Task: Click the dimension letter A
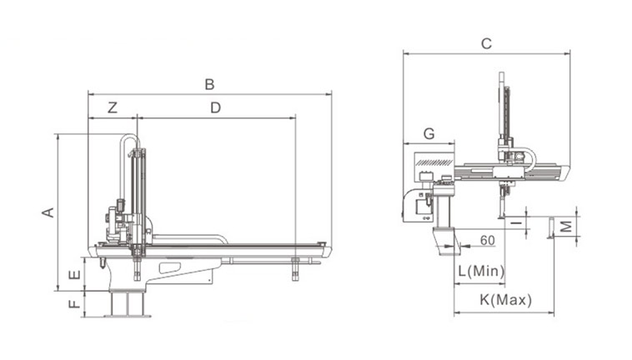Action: click(48, 212)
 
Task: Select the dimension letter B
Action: click(209, 84)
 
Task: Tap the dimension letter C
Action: click(486, 43)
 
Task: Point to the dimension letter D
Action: click(216, 108)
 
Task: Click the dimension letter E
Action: click(74, 275)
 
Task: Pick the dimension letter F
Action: click(74, 303)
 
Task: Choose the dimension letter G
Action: click(429, 133)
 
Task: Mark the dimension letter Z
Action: click(113, 108)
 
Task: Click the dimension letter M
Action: click(566, 227)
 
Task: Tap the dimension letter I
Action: click(516, 222)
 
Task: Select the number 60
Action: click(487, 240)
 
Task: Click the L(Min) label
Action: click(481, 271)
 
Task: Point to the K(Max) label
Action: click(506, 300)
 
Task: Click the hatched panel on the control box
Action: click(434, 162)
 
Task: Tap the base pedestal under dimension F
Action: click(128, 304)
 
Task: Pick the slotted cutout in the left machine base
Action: click(170, 267)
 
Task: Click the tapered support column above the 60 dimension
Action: click(447, 241)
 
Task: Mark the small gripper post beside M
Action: click(549, 228)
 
